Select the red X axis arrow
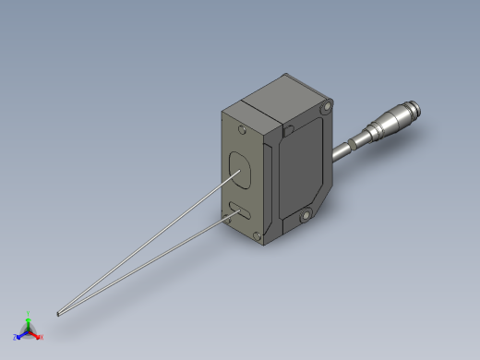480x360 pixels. click(x=36, y=335)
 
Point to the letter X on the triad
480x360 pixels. click(x=42, y=338)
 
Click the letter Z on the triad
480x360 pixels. click(x=16, y=338)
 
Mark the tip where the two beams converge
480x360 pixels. click(x=58, y=314)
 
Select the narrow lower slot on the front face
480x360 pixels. click(x=239, y=211)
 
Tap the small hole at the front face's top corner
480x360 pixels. click(x=241, y=128)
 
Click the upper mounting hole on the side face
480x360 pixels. click(x=322, y=110)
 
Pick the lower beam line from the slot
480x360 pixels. click(x=157, y=259)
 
